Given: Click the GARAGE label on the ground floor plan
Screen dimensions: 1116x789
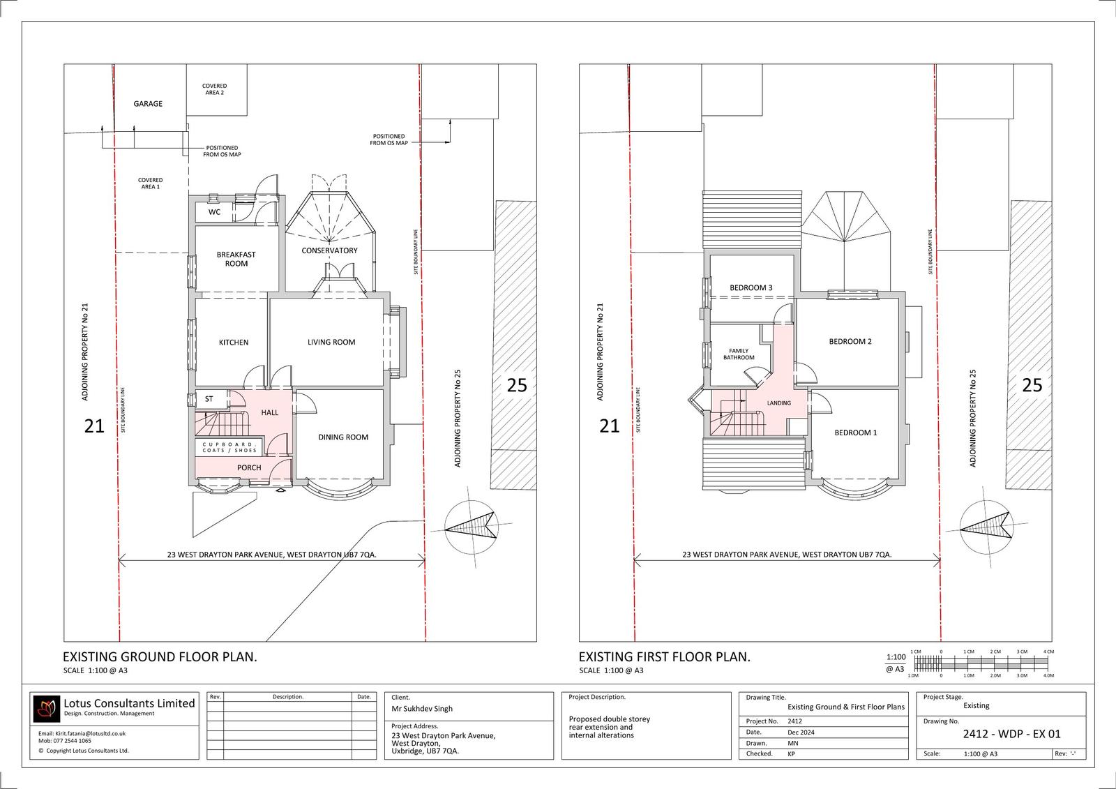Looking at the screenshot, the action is point(148,104).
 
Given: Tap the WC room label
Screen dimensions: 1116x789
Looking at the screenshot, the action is point(214,212).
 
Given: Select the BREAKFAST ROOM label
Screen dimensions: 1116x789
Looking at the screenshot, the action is point(236,259).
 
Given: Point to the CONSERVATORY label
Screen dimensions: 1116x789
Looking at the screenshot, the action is point(329,250).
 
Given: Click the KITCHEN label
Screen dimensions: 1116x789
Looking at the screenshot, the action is point(234,343).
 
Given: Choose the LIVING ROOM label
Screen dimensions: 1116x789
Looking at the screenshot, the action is point(331,342).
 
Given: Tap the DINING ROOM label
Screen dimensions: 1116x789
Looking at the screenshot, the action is point(343,437).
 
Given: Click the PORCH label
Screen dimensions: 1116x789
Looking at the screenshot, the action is point(249,467).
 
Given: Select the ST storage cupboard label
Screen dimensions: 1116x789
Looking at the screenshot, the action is point(209,399).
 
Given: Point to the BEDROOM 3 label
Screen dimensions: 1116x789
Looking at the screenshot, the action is point(751,287).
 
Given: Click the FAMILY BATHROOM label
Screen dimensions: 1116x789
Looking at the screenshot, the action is point(739,354).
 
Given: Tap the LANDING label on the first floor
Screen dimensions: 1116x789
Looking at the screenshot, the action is point(778,403).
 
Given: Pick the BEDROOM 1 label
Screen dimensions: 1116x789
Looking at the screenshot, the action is point(856,433).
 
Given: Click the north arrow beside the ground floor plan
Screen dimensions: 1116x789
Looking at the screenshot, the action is point(472,528).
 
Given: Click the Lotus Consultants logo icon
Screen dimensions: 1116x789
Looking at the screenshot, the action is point(45,709).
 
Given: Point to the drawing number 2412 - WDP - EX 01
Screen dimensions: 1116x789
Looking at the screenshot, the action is point(1012,734).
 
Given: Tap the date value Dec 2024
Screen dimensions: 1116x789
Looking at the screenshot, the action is point(801,732).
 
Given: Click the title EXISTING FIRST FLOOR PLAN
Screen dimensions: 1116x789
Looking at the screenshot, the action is point(665,657).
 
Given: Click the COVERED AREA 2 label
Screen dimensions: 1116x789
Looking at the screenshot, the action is point(214,89).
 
